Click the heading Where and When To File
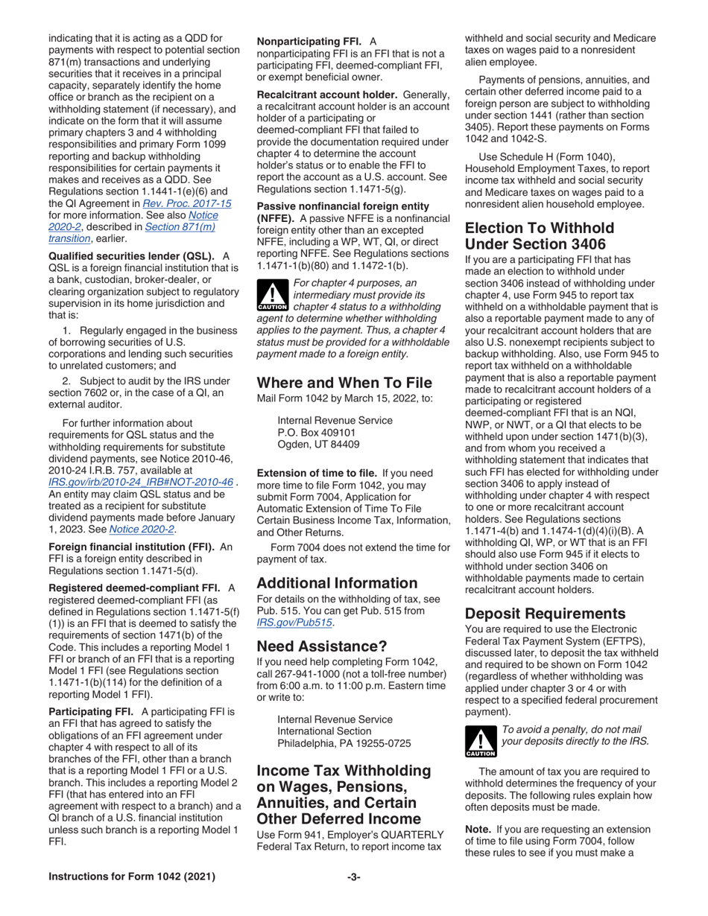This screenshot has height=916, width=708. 344,384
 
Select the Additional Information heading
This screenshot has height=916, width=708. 337,582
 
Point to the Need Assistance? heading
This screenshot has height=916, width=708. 322,646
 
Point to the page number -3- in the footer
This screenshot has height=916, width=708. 354,877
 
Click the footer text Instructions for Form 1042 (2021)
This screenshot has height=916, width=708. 131,877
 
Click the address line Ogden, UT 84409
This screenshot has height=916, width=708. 318,445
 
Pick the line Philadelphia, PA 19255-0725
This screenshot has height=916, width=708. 344,743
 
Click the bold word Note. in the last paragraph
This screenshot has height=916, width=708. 478,827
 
